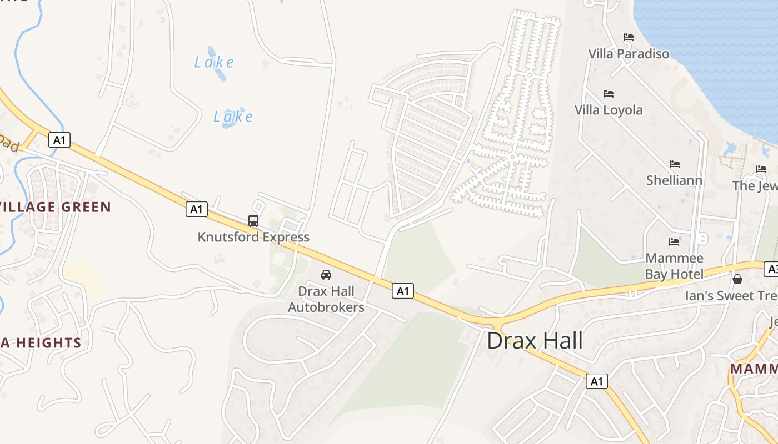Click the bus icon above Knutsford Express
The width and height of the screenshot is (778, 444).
(253, 221)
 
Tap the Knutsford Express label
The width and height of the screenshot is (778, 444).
(253, 237)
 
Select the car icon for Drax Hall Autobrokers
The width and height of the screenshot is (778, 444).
(326, 275)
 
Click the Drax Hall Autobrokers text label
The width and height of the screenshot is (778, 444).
(326, 299)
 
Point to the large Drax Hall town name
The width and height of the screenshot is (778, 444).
(535, 341)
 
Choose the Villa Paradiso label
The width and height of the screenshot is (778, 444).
(629, 54)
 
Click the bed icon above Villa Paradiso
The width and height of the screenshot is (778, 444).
(629, 37)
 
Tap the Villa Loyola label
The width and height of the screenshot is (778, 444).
(609, 110)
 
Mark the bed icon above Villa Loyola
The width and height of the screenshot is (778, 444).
(609, 93)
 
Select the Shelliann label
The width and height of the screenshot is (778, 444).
(674, 180)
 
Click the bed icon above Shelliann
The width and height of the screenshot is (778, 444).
(675, 164)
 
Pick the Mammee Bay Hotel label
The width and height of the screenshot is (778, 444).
(674, 266)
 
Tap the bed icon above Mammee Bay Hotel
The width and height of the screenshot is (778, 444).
(674, 241)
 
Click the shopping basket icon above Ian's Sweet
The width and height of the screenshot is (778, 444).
(737, 279)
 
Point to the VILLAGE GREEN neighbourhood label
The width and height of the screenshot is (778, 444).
(56, 208)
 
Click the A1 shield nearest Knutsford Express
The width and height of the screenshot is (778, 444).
(196, 209)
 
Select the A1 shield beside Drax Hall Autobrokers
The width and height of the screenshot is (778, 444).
(403, 290)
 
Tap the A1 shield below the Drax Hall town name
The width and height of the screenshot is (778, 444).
(596, 381)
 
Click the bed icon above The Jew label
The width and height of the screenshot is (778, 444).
(761, 169)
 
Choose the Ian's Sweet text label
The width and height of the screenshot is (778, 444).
(731, 296)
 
